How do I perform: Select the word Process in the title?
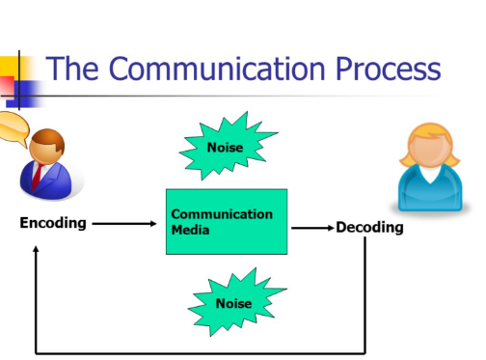387,69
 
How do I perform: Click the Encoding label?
53,223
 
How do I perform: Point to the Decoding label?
369,228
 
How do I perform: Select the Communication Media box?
227,221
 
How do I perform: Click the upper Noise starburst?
226,147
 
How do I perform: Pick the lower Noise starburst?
233,303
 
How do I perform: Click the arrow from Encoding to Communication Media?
124,224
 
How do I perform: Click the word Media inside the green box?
192,232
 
